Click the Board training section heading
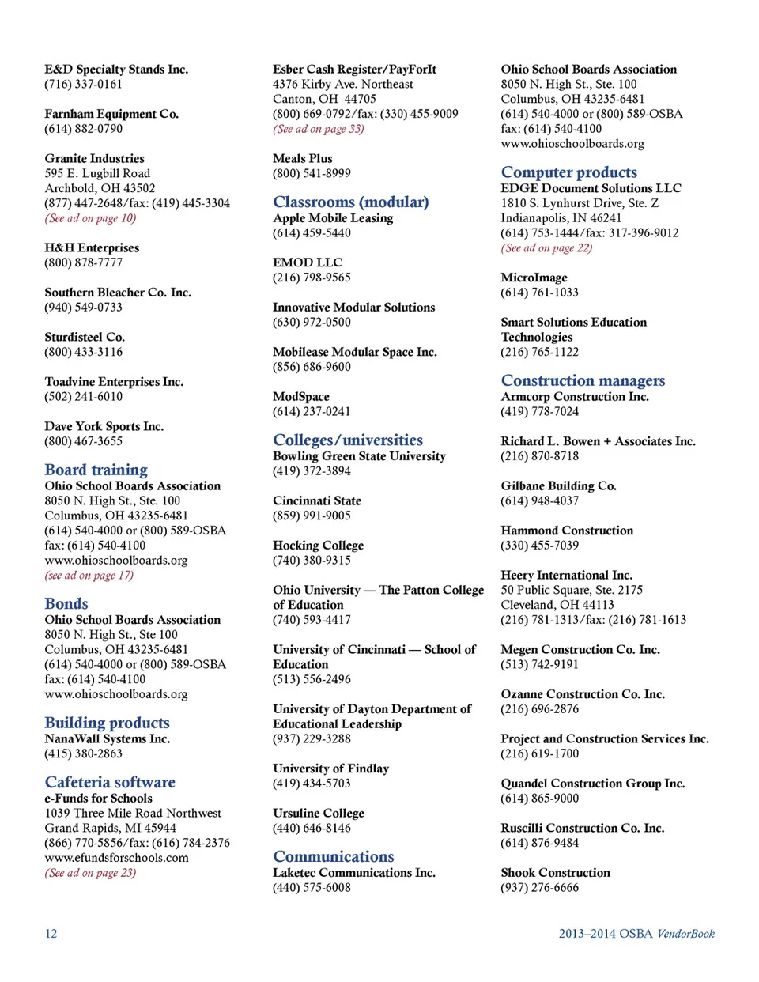tap(96, 470)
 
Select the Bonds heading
tap(66, 604)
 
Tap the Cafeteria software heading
tap(110, 783)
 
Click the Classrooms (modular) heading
tap(350, 202)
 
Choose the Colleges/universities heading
tap(348, 440)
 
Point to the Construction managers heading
tap(583, 381)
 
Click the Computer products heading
tap(568, 172)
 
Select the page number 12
tap(51, 934)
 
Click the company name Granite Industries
tap(94, 158)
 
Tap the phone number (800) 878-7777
tap(83, 262)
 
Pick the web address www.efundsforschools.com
tap(116, 858)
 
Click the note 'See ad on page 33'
tap(318, 129)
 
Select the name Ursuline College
tap(318, 813)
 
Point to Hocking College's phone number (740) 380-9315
tap(312, 560)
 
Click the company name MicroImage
tap(534, 278)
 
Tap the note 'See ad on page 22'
tap(546, 247)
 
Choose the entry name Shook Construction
tap(555, 873)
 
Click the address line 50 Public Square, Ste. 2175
tap(571, 590)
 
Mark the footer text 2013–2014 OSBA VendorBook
tap(636, 934)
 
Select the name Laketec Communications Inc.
tap(353, 873)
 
